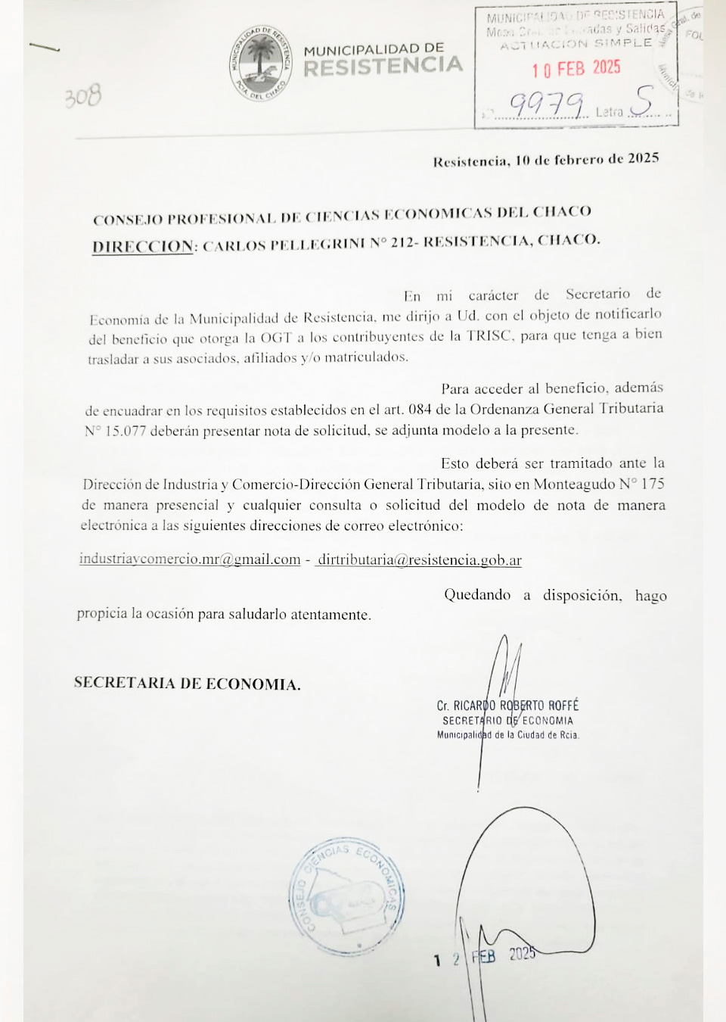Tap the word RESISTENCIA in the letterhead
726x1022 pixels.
pyautogui.click(x=383, y=67)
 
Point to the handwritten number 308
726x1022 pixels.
pyautogui.click(x=82, y=97)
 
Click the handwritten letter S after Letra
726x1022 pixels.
pyautogui.click(x=644, y=101)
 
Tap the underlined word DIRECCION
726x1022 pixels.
pyautogui.click(x=142, y=246)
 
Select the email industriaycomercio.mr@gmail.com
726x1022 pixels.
pyautogui.click(x=190, y=559)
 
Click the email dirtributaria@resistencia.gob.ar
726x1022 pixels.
pyautogui.click(x=420, y=560)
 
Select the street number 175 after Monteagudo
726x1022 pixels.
pyautogui.click(x=653, y=484)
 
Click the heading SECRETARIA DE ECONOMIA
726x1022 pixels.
pyautogui.click(x=187, y=684)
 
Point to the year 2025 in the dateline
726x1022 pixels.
pyautogui.click(x=644, y=159)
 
